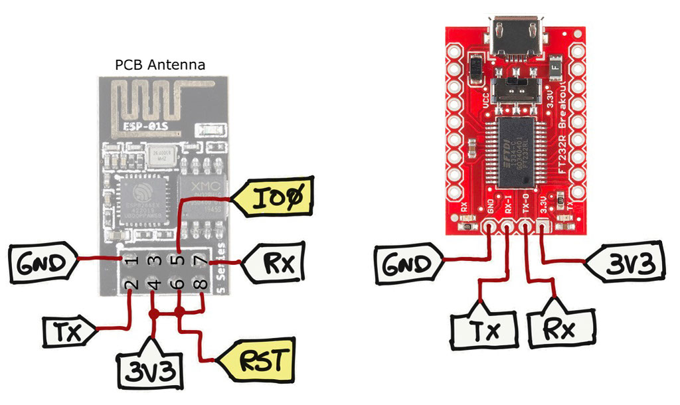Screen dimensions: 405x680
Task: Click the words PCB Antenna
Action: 160,65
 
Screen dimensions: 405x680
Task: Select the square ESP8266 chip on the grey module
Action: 145,199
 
